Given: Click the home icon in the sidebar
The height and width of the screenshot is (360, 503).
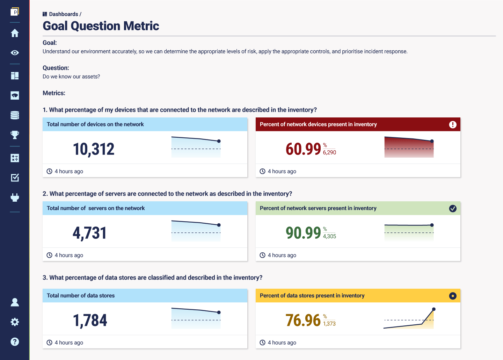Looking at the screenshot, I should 15,33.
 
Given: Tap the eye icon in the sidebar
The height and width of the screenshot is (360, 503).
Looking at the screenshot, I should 15,53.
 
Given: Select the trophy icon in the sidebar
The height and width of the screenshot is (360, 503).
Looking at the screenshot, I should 15,135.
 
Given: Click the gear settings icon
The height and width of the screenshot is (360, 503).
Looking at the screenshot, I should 15,322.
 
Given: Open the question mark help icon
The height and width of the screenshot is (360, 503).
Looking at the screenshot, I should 15,341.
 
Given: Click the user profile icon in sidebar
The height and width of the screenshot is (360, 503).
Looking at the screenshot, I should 15,302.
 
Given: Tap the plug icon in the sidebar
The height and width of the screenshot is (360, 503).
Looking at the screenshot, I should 15,197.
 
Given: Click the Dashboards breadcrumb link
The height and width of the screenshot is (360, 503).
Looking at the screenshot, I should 63,14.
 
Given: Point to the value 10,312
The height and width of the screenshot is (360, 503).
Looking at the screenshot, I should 94,149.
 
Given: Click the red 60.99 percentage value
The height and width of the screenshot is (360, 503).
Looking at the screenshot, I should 303,149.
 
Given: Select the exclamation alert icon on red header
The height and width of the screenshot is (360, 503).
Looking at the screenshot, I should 453,125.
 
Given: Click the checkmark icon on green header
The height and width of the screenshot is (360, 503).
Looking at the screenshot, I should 453,209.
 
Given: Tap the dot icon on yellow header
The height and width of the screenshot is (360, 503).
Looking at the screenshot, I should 453,296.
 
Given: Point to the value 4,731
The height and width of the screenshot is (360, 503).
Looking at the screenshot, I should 89,233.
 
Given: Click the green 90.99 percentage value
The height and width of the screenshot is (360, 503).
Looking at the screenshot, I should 303,233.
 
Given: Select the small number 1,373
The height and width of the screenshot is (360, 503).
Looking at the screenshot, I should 329,324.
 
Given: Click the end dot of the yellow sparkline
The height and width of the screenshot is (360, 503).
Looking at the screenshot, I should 434,309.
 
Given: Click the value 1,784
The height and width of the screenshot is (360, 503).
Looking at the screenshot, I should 90,321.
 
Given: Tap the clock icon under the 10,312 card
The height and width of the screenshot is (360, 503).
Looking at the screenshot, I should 50,171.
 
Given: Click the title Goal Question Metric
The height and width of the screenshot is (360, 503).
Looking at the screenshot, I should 101,26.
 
